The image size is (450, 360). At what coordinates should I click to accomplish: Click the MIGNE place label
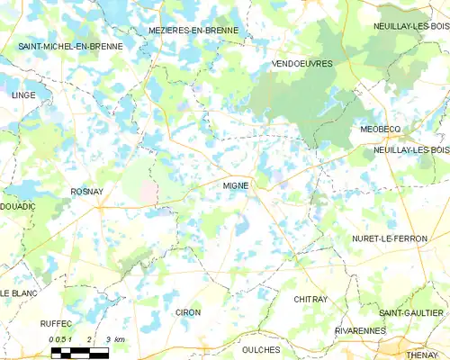(x=236, y=186)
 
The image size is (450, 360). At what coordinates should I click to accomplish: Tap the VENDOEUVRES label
(x=301, y=64)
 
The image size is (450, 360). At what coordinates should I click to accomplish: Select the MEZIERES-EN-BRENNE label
(x=193, y=30)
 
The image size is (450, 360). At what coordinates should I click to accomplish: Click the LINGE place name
(x=22, y=94)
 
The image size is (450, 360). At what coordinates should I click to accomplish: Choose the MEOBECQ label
(x=379, y=130)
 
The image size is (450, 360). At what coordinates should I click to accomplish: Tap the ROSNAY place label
(x=87, y=193)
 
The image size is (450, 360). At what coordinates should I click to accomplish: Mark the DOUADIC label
(x=19, y=206)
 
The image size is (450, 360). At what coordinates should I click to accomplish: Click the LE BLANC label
(x=17, y=294)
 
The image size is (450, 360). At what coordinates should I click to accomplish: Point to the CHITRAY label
(x=310, y=298)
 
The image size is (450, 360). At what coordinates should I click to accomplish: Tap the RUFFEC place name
(x=56, y=323)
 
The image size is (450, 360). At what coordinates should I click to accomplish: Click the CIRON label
(x=188, y=312)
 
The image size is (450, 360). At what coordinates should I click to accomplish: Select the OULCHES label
(x=261, y=349)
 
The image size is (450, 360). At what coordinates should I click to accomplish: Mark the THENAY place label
(x=420, y=355)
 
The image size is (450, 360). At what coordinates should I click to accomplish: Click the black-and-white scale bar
(x=79, y=353)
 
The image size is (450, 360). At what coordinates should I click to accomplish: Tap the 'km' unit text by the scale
(x=120, y=339)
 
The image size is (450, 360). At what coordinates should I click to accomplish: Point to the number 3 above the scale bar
(x=108, y=339)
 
